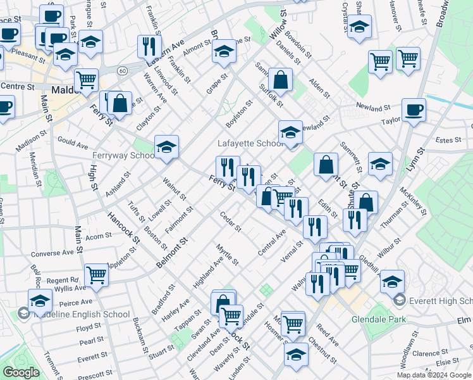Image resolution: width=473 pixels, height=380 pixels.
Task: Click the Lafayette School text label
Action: (x=250, y=144)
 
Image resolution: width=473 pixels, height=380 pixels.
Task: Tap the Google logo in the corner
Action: (x=20, y=372)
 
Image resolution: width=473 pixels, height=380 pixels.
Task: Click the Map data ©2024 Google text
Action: (x=433, y=375)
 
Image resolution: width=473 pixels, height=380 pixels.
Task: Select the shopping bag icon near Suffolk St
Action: (x=279, y=80)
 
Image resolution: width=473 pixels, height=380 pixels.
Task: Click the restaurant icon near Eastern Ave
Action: (x=149, y=45)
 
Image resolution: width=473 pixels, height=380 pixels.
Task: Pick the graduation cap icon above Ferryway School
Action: (x=166, y=147)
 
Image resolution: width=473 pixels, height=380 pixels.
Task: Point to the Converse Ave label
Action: (x=52, y=253)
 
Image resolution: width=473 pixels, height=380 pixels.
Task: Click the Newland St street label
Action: (x=371, y=105)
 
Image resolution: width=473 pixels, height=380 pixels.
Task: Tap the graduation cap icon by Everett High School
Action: (x=392, y=281)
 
